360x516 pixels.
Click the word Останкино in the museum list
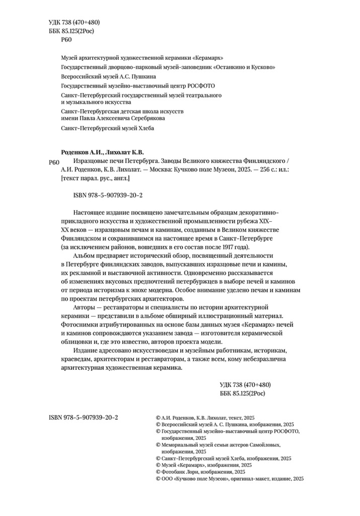232,67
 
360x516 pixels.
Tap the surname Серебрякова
147,118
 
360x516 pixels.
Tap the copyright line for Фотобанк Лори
201,472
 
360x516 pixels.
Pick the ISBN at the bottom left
83,418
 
